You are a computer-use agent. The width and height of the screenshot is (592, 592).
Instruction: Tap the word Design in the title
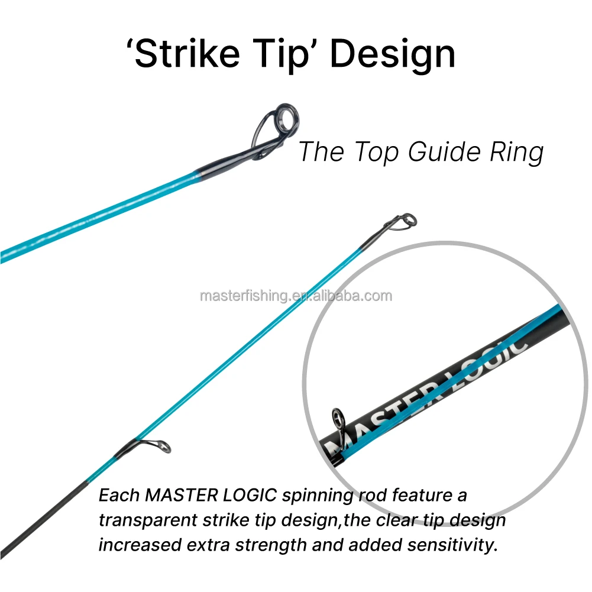tap(392, 54)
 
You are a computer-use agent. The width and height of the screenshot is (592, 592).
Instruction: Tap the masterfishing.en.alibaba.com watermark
tap(296, 296)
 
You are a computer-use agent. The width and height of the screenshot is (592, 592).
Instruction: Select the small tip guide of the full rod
tap(407, 221)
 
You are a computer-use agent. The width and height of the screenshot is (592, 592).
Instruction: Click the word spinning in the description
tap(314, 494)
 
